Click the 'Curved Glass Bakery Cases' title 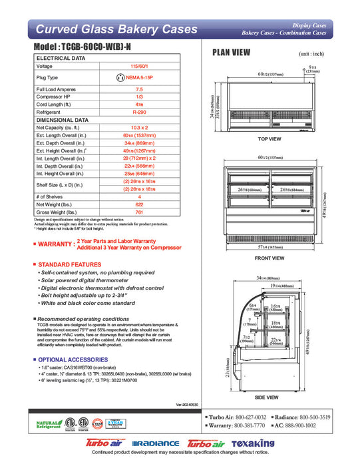(116, 29)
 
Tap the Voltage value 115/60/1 (139, 67)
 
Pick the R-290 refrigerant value (139, 113)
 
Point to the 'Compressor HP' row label (57, 97)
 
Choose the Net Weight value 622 (139, 204)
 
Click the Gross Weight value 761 (139, 212)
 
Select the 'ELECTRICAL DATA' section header (61, 59)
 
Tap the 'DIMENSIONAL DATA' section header (63, 120)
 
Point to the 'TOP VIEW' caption (270, 138)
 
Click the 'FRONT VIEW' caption (270, 258)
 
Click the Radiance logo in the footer (156, 443)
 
